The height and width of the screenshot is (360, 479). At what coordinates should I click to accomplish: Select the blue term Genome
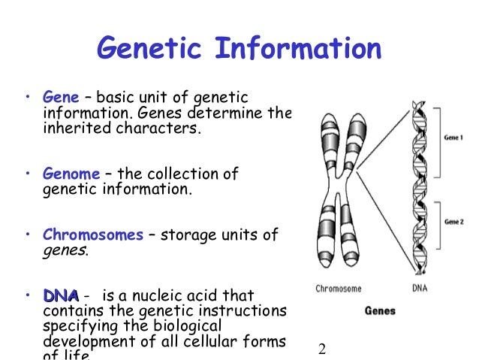pos(71,174)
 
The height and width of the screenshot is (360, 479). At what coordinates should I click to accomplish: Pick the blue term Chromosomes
pos(93,235)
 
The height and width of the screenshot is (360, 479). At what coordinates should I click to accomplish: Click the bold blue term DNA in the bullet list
pos(61,295)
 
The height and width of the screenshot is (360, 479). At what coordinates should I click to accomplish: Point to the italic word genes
pos(65,250)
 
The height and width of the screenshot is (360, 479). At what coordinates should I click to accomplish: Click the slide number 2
pos(322,349)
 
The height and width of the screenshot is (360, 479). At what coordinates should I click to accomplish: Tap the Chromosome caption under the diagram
pos(338,288)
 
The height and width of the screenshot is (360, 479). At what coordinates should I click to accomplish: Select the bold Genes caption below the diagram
pos(381,310)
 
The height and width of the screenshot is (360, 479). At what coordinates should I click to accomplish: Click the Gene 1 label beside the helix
pos(453,139)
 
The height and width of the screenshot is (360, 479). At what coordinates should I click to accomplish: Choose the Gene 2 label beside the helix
pos(453,222)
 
